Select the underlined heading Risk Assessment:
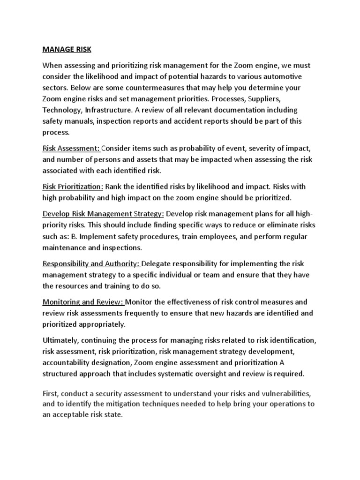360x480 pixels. pyautogui.click(x=71, y=148)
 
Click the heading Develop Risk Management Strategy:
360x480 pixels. pyautogui.click(x=103, y=214)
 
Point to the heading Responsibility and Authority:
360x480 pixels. pyautogui.click(x=91, y=263)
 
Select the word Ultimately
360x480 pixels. pyautogui.click(x=61, y=340)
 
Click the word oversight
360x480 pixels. pyautogui.click(x=225, y=374)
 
